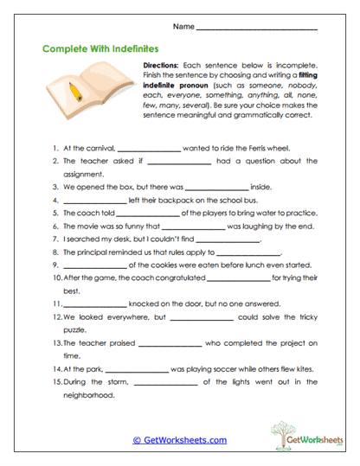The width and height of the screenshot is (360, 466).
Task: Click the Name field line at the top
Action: click(x=258, y=29)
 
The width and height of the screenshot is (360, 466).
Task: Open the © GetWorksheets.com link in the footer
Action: click(x=180, y=440)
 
